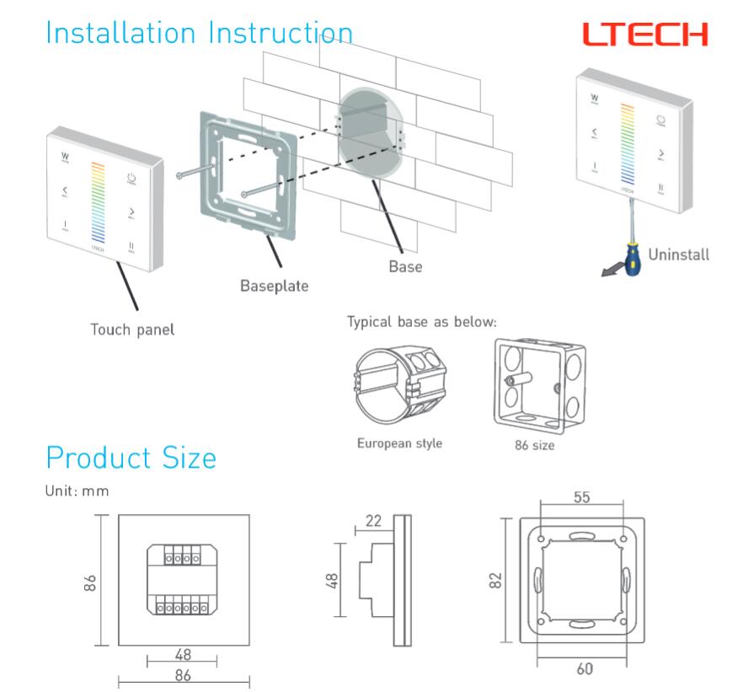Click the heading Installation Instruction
(x=200, y=33)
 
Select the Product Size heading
(x=131, y=458)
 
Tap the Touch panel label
(x=133, y=330)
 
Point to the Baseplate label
(x=274, y=286)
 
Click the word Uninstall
(x=677, y=254)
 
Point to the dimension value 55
(x=581, y=497)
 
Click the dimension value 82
(x=496, y=580)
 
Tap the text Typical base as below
(x=422, y=322)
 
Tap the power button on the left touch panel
(x=131, y=178)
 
